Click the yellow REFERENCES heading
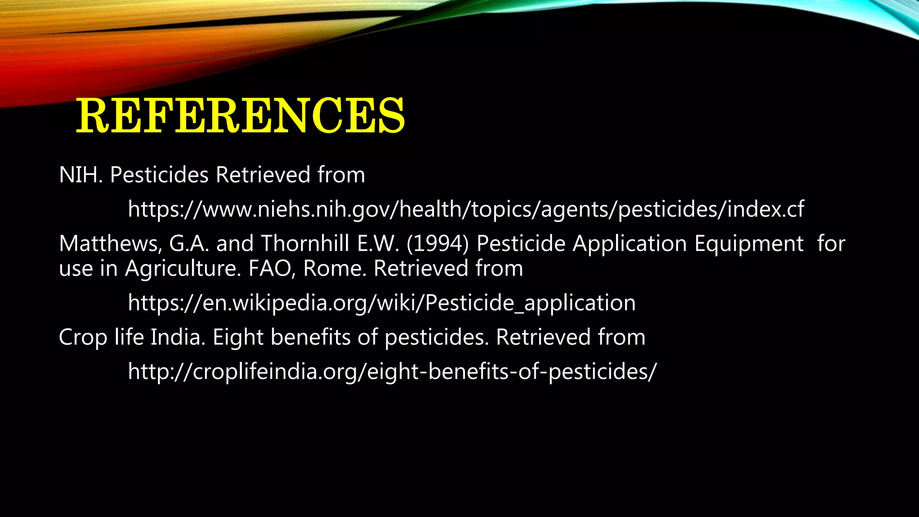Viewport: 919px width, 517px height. [241, 116]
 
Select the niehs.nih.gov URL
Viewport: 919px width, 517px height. [466, 209]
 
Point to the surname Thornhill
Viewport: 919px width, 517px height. [305, 244]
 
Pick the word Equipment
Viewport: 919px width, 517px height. [749, 244]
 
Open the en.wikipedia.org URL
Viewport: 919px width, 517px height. [381, 303]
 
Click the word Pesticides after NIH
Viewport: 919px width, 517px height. [159, 175]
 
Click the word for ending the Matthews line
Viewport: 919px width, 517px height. [831, 244]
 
